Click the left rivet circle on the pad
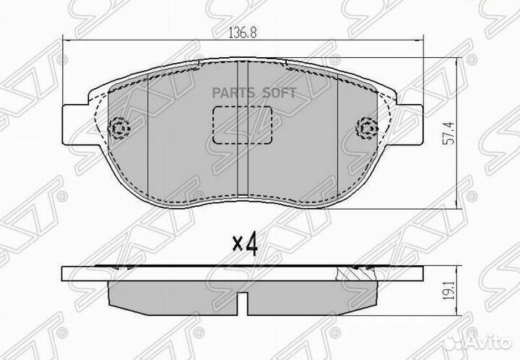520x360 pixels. pos(117,129)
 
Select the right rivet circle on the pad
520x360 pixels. pos(368,129)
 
